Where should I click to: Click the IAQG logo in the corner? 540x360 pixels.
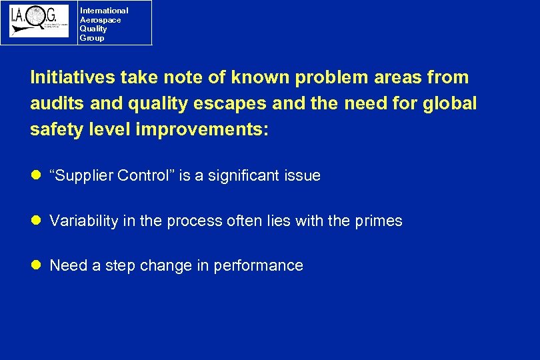point(39,21)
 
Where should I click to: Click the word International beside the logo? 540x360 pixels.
point(103,11)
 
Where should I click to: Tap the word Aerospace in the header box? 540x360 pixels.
point(100,20)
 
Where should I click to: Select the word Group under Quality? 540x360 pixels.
point(92,38)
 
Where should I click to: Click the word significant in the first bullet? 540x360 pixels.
point(243,176)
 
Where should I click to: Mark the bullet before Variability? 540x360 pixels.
point(37,221)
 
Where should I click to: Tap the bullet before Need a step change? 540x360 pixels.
point(37,265)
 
